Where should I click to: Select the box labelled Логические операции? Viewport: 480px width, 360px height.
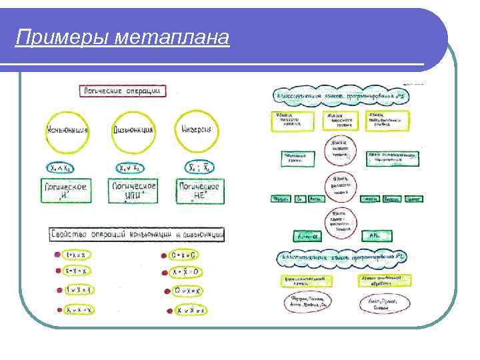pyautogui.click(x=122, y=90)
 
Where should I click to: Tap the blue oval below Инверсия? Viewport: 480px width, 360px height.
pyautogui.click(x=198, y=169)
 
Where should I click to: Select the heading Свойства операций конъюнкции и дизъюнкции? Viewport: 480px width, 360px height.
pyautogui.click(x=137, y=235)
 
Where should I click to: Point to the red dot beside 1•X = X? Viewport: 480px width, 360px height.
pyautogui.click(x=56, y=255)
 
